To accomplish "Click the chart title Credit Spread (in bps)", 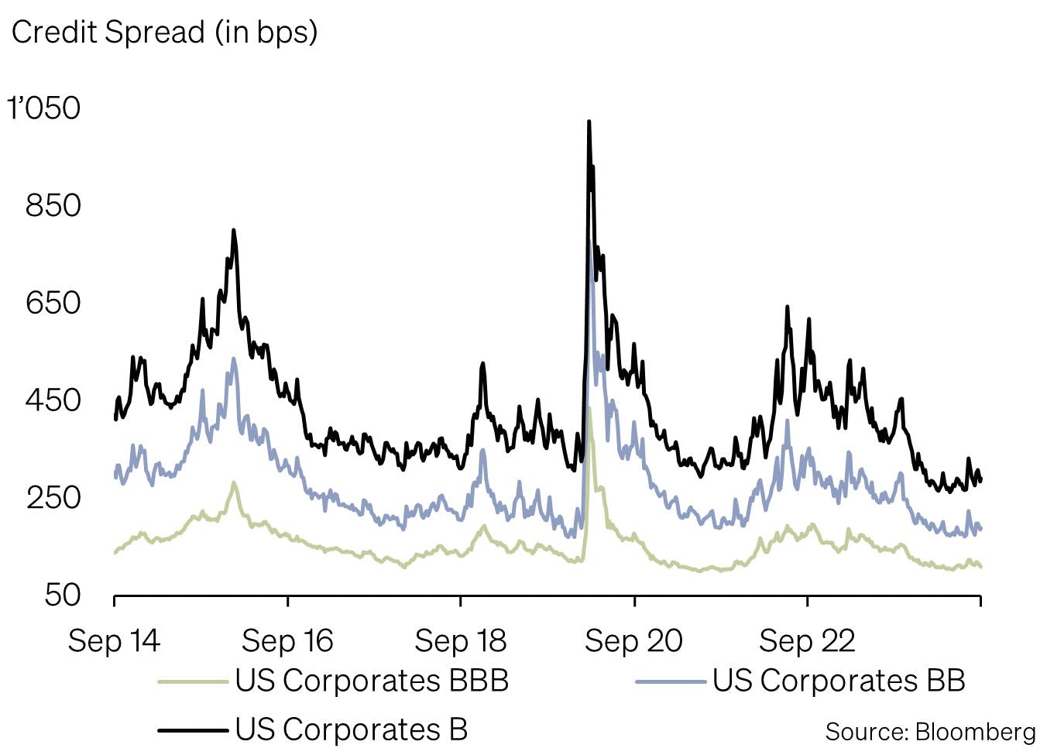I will [164, 33].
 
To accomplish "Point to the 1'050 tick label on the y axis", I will [44, 108].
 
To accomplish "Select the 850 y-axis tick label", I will [53, 205].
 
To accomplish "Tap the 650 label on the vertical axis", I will [53, 303].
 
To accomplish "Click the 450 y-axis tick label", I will [53, 400].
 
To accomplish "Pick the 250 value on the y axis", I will [53, 497].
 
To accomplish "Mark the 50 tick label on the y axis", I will [62, 595].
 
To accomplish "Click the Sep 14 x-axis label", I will [114, 641].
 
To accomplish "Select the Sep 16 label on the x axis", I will [287, 641].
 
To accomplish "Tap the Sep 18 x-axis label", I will [460, 641].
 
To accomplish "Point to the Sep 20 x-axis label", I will [633, 641].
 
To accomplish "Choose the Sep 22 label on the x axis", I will [807, 641].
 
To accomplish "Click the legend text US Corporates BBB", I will [372, 681].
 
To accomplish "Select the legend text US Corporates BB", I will [839, 681].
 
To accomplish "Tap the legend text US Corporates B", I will [352, 729].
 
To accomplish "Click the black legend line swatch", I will [194, 729].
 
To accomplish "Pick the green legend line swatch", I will [194, 681].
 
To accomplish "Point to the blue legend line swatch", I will [671, 681].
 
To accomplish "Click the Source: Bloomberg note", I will [930, 732].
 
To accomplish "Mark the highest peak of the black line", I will [589, 122].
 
